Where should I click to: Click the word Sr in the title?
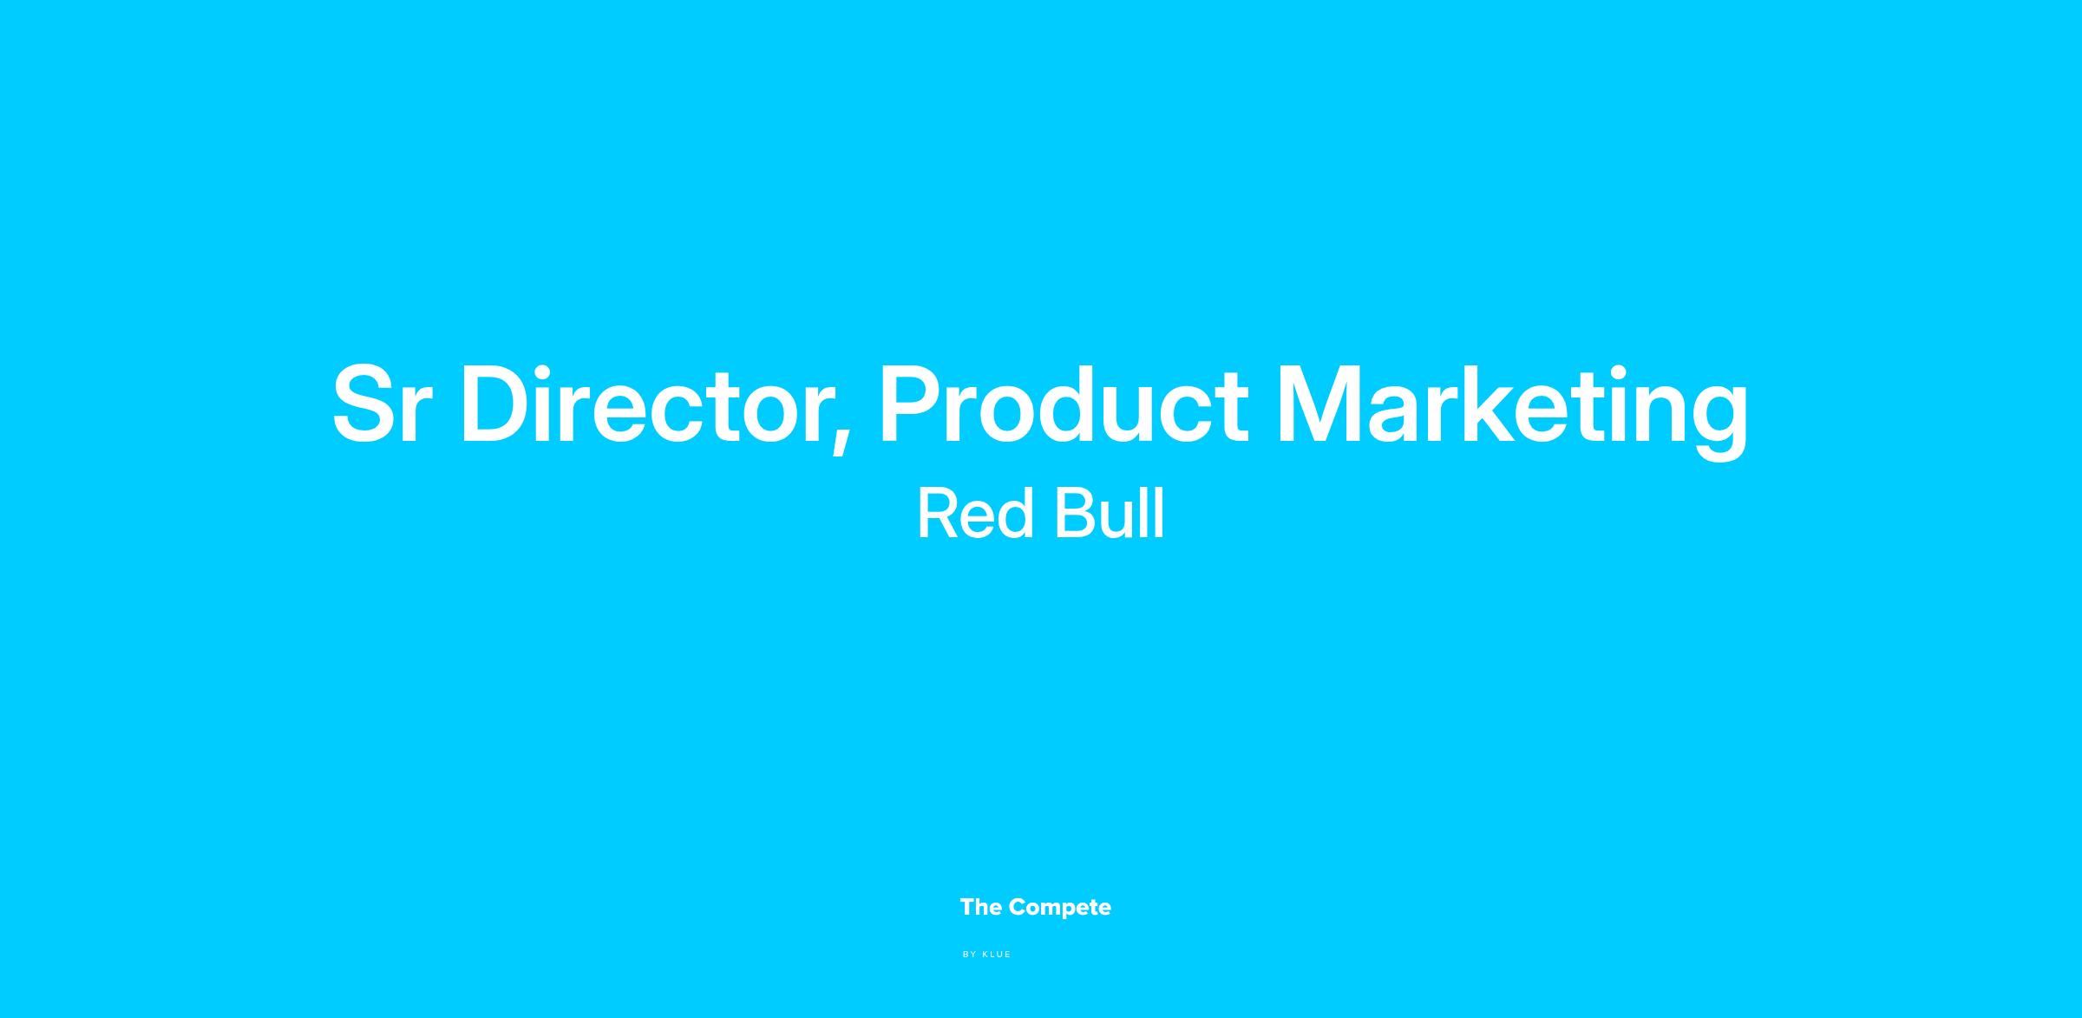click(x=382, y=404)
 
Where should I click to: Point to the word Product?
click(x=1064, y=404)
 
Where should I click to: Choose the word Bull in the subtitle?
click(x=1109, y=514)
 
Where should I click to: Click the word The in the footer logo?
click(x=981, y=907)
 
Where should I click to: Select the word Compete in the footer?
click(x=1060, y=909)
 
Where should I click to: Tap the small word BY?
click(x=970, y=955)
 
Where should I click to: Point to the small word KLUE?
click(x=997, y=955)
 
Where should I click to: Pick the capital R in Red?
click(x=939, y=514)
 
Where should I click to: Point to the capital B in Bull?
click(x=1075, y=514)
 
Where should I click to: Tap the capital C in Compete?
click(x=1018, y=907)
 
